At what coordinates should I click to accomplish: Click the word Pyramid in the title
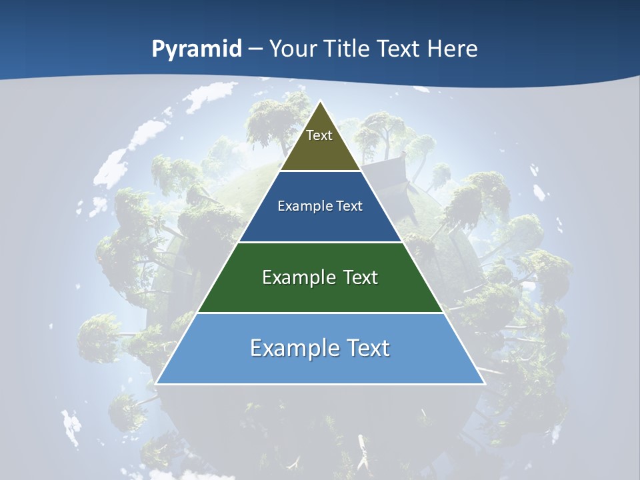click(197, 49)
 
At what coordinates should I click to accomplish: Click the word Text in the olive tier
click(319, 135)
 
